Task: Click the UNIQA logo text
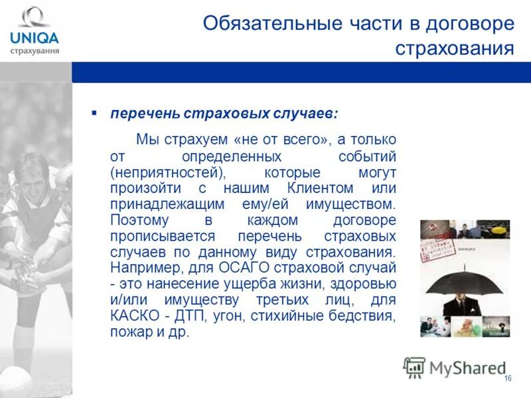[x=34, y=37]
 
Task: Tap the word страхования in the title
[x=455, y=48]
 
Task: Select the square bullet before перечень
[x=94, y=113]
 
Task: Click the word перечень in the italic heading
[x=143, y=113]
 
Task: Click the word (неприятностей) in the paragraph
[x=168, y=172]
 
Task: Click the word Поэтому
[x=140, y=220]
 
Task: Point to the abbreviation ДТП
[x=190, y=316]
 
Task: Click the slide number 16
[x=508, y=378]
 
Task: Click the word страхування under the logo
[x=35, y=50]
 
